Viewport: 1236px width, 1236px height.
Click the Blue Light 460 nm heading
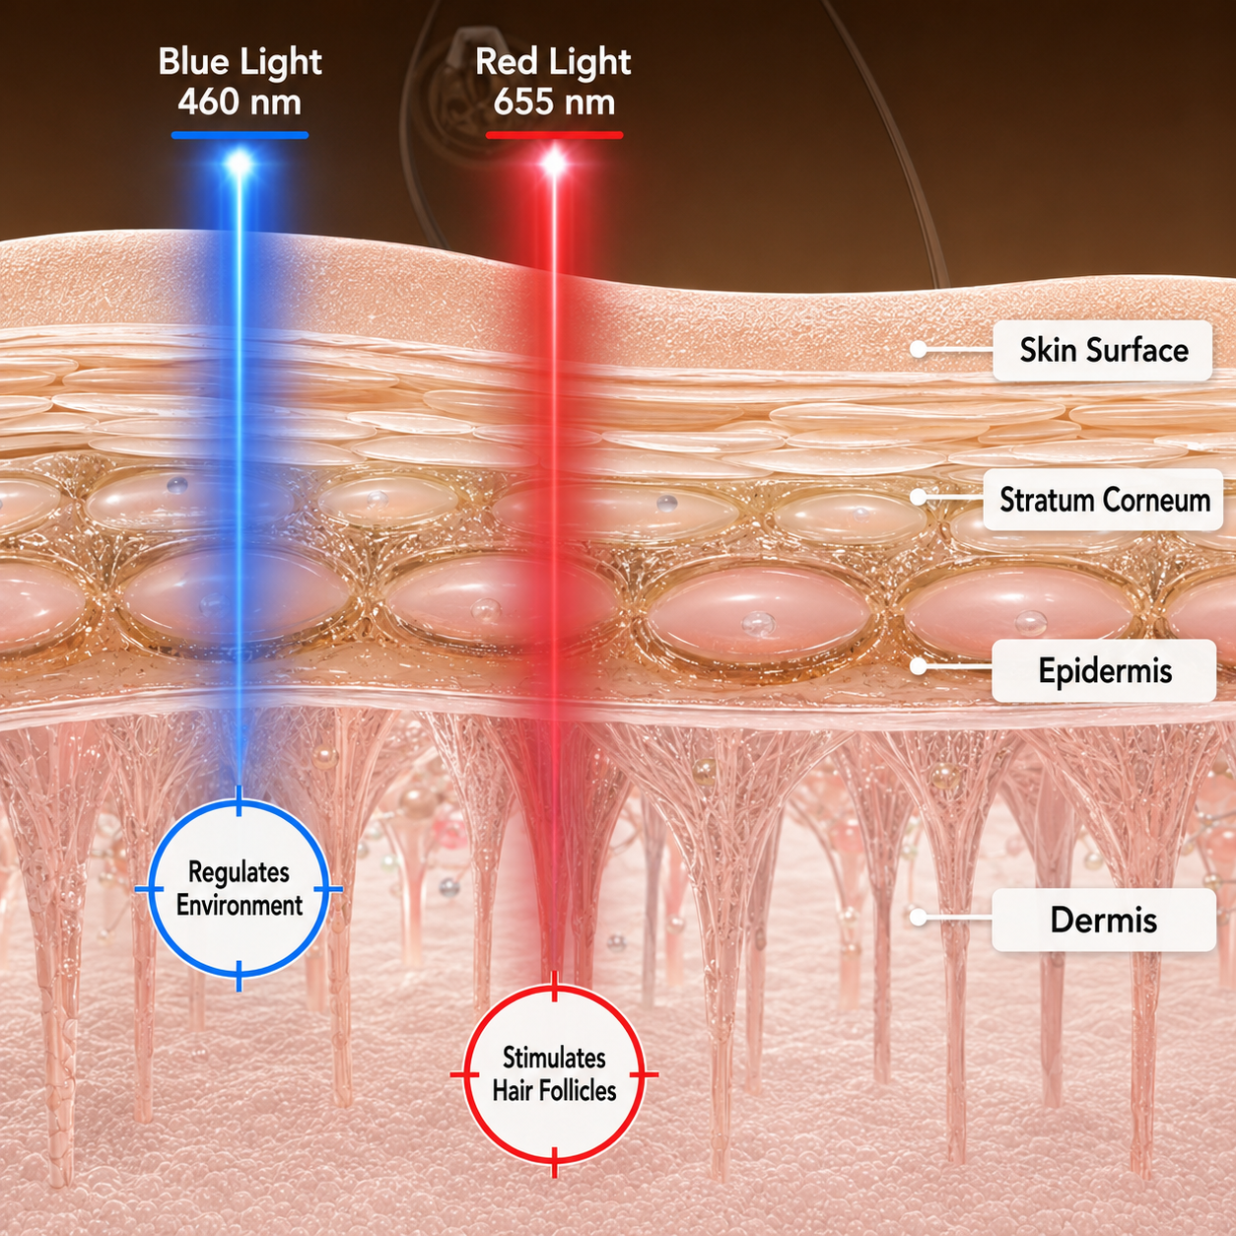pyautogui.click(x=240, y=82)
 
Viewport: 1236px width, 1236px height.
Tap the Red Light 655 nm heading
pyautogui.click(x=554, y=82)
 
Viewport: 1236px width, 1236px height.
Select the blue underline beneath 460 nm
pyautogui.click(x=240, y=135)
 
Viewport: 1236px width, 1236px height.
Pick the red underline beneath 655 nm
pyautogui.click(x=554, y=135)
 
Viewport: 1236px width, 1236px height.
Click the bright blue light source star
pyautogui.click(x=240, y=165)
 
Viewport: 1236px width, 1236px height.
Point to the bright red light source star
pyautogui.click(x=554, y=165)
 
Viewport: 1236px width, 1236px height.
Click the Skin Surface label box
pyautogui.click(x=1103, y=350)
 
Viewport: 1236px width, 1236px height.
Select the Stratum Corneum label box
pyautogui.click(x=1103, y=500)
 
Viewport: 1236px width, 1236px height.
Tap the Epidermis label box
pyautogui.click(x=1104, y=671)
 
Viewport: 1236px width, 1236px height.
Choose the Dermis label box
pyautogui.click(x=1104, y=920)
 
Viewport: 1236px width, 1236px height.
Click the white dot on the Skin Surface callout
pyautogui.click(x=919, y=349)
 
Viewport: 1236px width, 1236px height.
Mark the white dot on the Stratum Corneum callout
pyautogui.click(x=919, y=497)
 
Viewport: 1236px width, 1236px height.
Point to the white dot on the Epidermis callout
pyautogui.click(x=919, y=665)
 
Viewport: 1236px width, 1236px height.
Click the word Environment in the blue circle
pyautogui.click(x=240, y=906)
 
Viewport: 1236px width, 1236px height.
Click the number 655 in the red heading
pyautogui.click(x=523, y=103)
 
